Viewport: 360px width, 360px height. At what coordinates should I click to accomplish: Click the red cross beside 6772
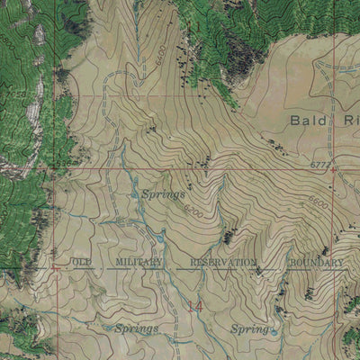(334, 167)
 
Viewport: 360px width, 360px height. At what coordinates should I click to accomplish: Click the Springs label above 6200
(164, 193)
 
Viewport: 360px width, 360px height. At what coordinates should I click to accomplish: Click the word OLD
(82, 262)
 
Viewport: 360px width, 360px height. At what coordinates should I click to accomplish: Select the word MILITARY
(139, 262)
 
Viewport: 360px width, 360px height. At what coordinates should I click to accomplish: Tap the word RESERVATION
(224, 262)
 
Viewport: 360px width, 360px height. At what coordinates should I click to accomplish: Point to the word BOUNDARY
(316, 262)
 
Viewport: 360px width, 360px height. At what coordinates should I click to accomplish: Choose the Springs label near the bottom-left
(136, 328)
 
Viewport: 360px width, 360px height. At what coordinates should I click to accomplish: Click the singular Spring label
(248, 329)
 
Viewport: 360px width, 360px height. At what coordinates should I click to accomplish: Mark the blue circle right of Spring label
(274, 330)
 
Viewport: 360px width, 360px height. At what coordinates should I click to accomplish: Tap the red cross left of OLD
(56, 266)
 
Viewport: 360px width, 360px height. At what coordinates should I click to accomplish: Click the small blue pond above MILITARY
(159, 238)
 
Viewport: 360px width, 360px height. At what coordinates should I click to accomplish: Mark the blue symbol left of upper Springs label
(135, 193)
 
